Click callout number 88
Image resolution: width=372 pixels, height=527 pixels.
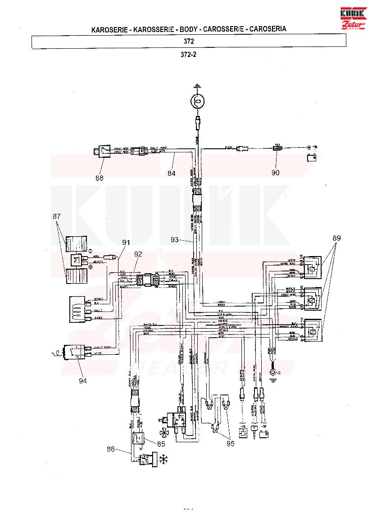pyautogui.click(x=100, y=178)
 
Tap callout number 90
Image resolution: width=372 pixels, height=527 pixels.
pyautogui.click(x=275, y=172)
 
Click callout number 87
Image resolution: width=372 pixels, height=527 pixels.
pyautogui.click(x=57, y=217)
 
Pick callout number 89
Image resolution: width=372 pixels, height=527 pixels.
pyautogui.click(x=337, y=238)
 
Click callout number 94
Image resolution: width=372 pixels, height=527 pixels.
pyautogui.click(x=82, y=380)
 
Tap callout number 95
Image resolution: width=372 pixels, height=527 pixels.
pyautogui.click(x=231, y=443)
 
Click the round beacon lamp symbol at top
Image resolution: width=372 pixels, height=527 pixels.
pyautogui.click(x=197, y=103)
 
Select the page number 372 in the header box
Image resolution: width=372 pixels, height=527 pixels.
pyautogui.click(x=189, y=41)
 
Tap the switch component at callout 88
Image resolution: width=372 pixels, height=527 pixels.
pyautogui.click(x=103, y=152)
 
